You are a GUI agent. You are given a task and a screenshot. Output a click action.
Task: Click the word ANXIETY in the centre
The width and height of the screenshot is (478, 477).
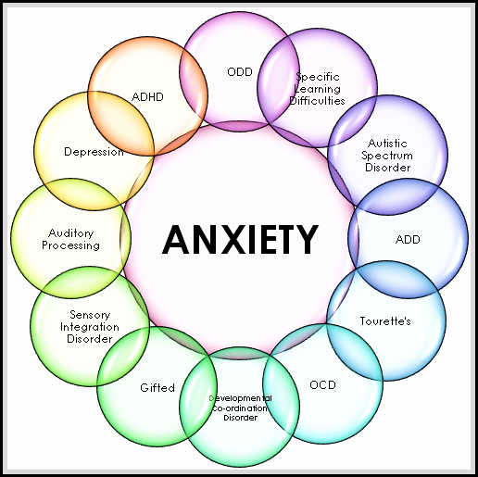coord(240,239)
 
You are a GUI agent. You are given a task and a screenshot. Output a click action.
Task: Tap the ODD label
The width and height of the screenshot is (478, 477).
coord(239,70)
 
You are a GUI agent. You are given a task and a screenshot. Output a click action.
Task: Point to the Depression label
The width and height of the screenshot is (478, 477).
coord(94,151)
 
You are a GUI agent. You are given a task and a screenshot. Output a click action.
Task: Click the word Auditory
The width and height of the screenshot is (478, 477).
coord(70,233)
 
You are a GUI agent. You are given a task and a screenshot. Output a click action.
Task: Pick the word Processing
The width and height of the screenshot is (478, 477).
coord(70,245)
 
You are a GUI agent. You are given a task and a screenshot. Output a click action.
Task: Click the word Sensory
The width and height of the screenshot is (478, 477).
coord(90,315)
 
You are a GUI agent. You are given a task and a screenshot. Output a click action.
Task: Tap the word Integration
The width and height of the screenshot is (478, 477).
coord(90,327)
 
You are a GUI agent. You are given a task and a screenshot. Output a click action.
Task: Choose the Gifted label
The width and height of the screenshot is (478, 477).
coord(157,387)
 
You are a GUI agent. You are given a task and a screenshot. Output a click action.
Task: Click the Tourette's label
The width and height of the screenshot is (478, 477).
coord(384,320)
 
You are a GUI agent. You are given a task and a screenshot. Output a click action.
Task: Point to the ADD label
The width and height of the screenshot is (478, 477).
coord(407,239)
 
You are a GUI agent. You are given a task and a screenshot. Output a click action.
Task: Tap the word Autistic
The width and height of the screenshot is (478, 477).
coord(387,144)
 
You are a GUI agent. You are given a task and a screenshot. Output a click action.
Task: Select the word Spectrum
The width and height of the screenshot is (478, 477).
coord(387,156)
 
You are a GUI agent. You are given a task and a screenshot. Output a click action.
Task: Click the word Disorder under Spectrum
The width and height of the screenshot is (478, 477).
coord(387,168)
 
